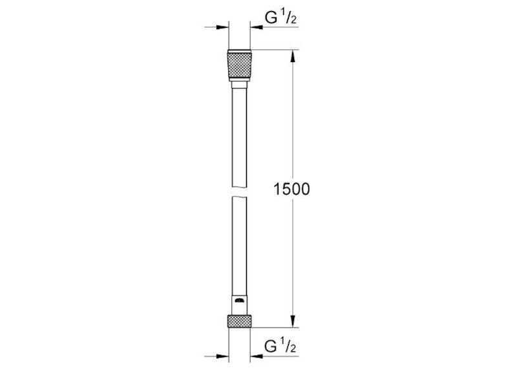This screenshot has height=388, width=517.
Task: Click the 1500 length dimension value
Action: [x=292, y=189]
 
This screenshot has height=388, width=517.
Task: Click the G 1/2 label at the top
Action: [x=280, y=18]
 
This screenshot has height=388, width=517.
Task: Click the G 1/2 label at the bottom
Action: [x=280, y=347]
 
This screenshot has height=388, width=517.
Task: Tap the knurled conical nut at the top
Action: [x=239, y=65]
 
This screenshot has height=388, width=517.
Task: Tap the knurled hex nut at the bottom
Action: [x=239, y=321]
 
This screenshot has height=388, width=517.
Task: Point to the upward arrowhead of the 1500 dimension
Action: [x=293, y=56]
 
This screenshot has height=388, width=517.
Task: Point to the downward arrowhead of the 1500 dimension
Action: [x=293, y=321]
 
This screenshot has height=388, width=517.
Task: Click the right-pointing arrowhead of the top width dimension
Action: [x=222, y=27]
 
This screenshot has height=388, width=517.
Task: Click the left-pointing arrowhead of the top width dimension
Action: [x=257, y=27]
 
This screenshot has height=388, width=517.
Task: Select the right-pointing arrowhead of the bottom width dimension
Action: [x=222, y=356]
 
